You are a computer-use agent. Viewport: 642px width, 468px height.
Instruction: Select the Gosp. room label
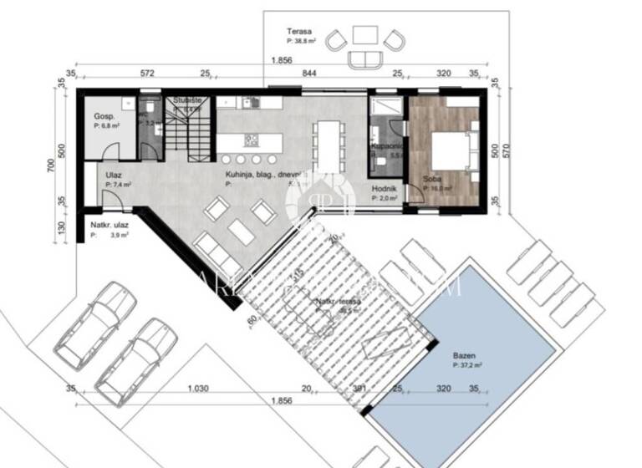click(104, 115)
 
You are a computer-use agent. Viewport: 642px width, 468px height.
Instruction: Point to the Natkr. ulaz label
click(109, 226)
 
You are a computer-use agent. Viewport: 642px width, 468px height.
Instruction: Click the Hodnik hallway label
click(384, 190)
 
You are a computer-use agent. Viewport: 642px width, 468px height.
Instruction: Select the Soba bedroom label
click(432, 180)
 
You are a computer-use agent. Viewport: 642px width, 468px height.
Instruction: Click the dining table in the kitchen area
click(329, 144)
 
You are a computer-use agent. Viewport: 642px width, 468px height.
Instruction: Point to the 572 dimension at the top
click(147, 74)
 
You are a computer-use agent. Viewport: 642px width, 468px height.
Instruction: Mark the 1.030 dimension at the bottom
click(197, 389)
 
